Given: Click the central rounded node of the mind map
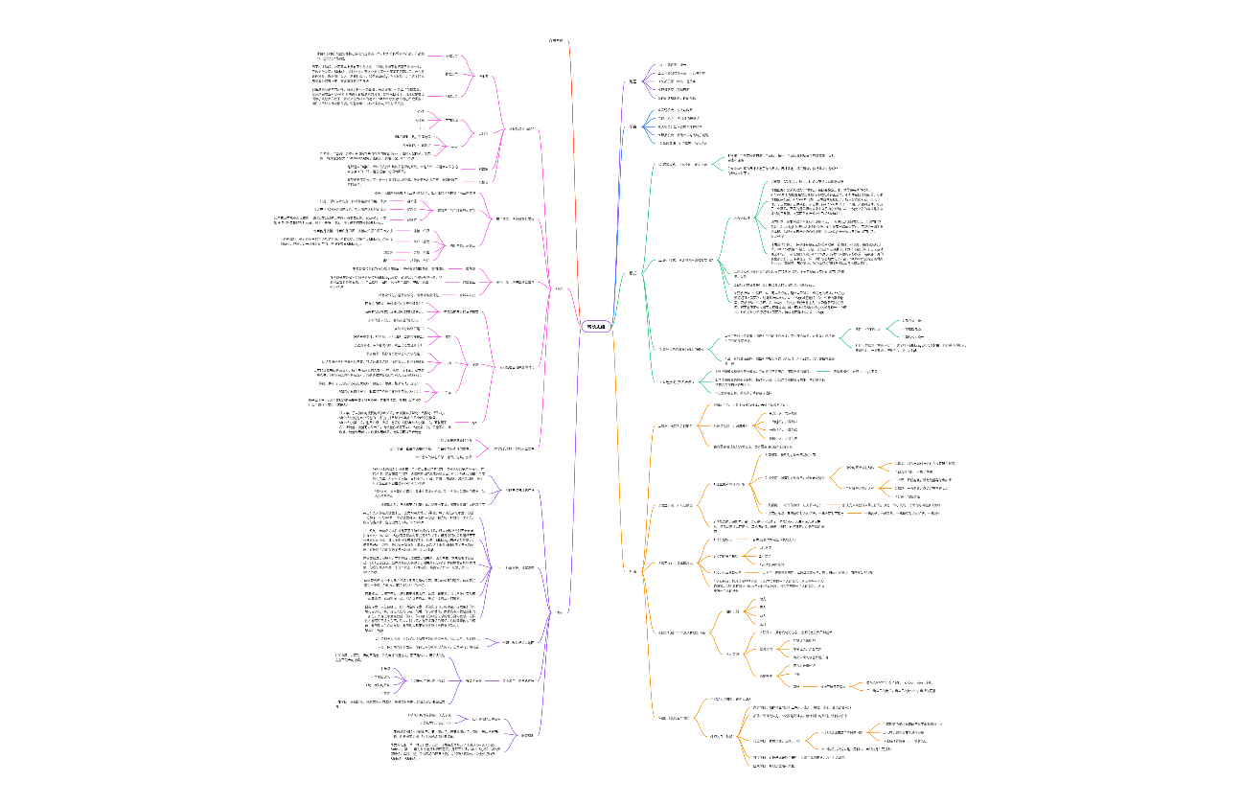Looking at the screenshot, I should tap(595, 326).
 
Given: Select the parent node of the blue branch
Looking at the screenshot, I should tap(632, 81).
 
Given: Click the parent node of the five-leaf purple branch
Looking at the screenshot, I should tap(632, 126).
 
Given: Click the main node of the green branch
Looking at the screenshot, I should tap(632, 272).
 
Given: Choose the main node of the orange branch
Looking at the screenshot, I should tap(632, 571).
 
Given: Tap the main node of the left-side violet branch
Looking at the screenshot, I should tap(559, 613).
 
